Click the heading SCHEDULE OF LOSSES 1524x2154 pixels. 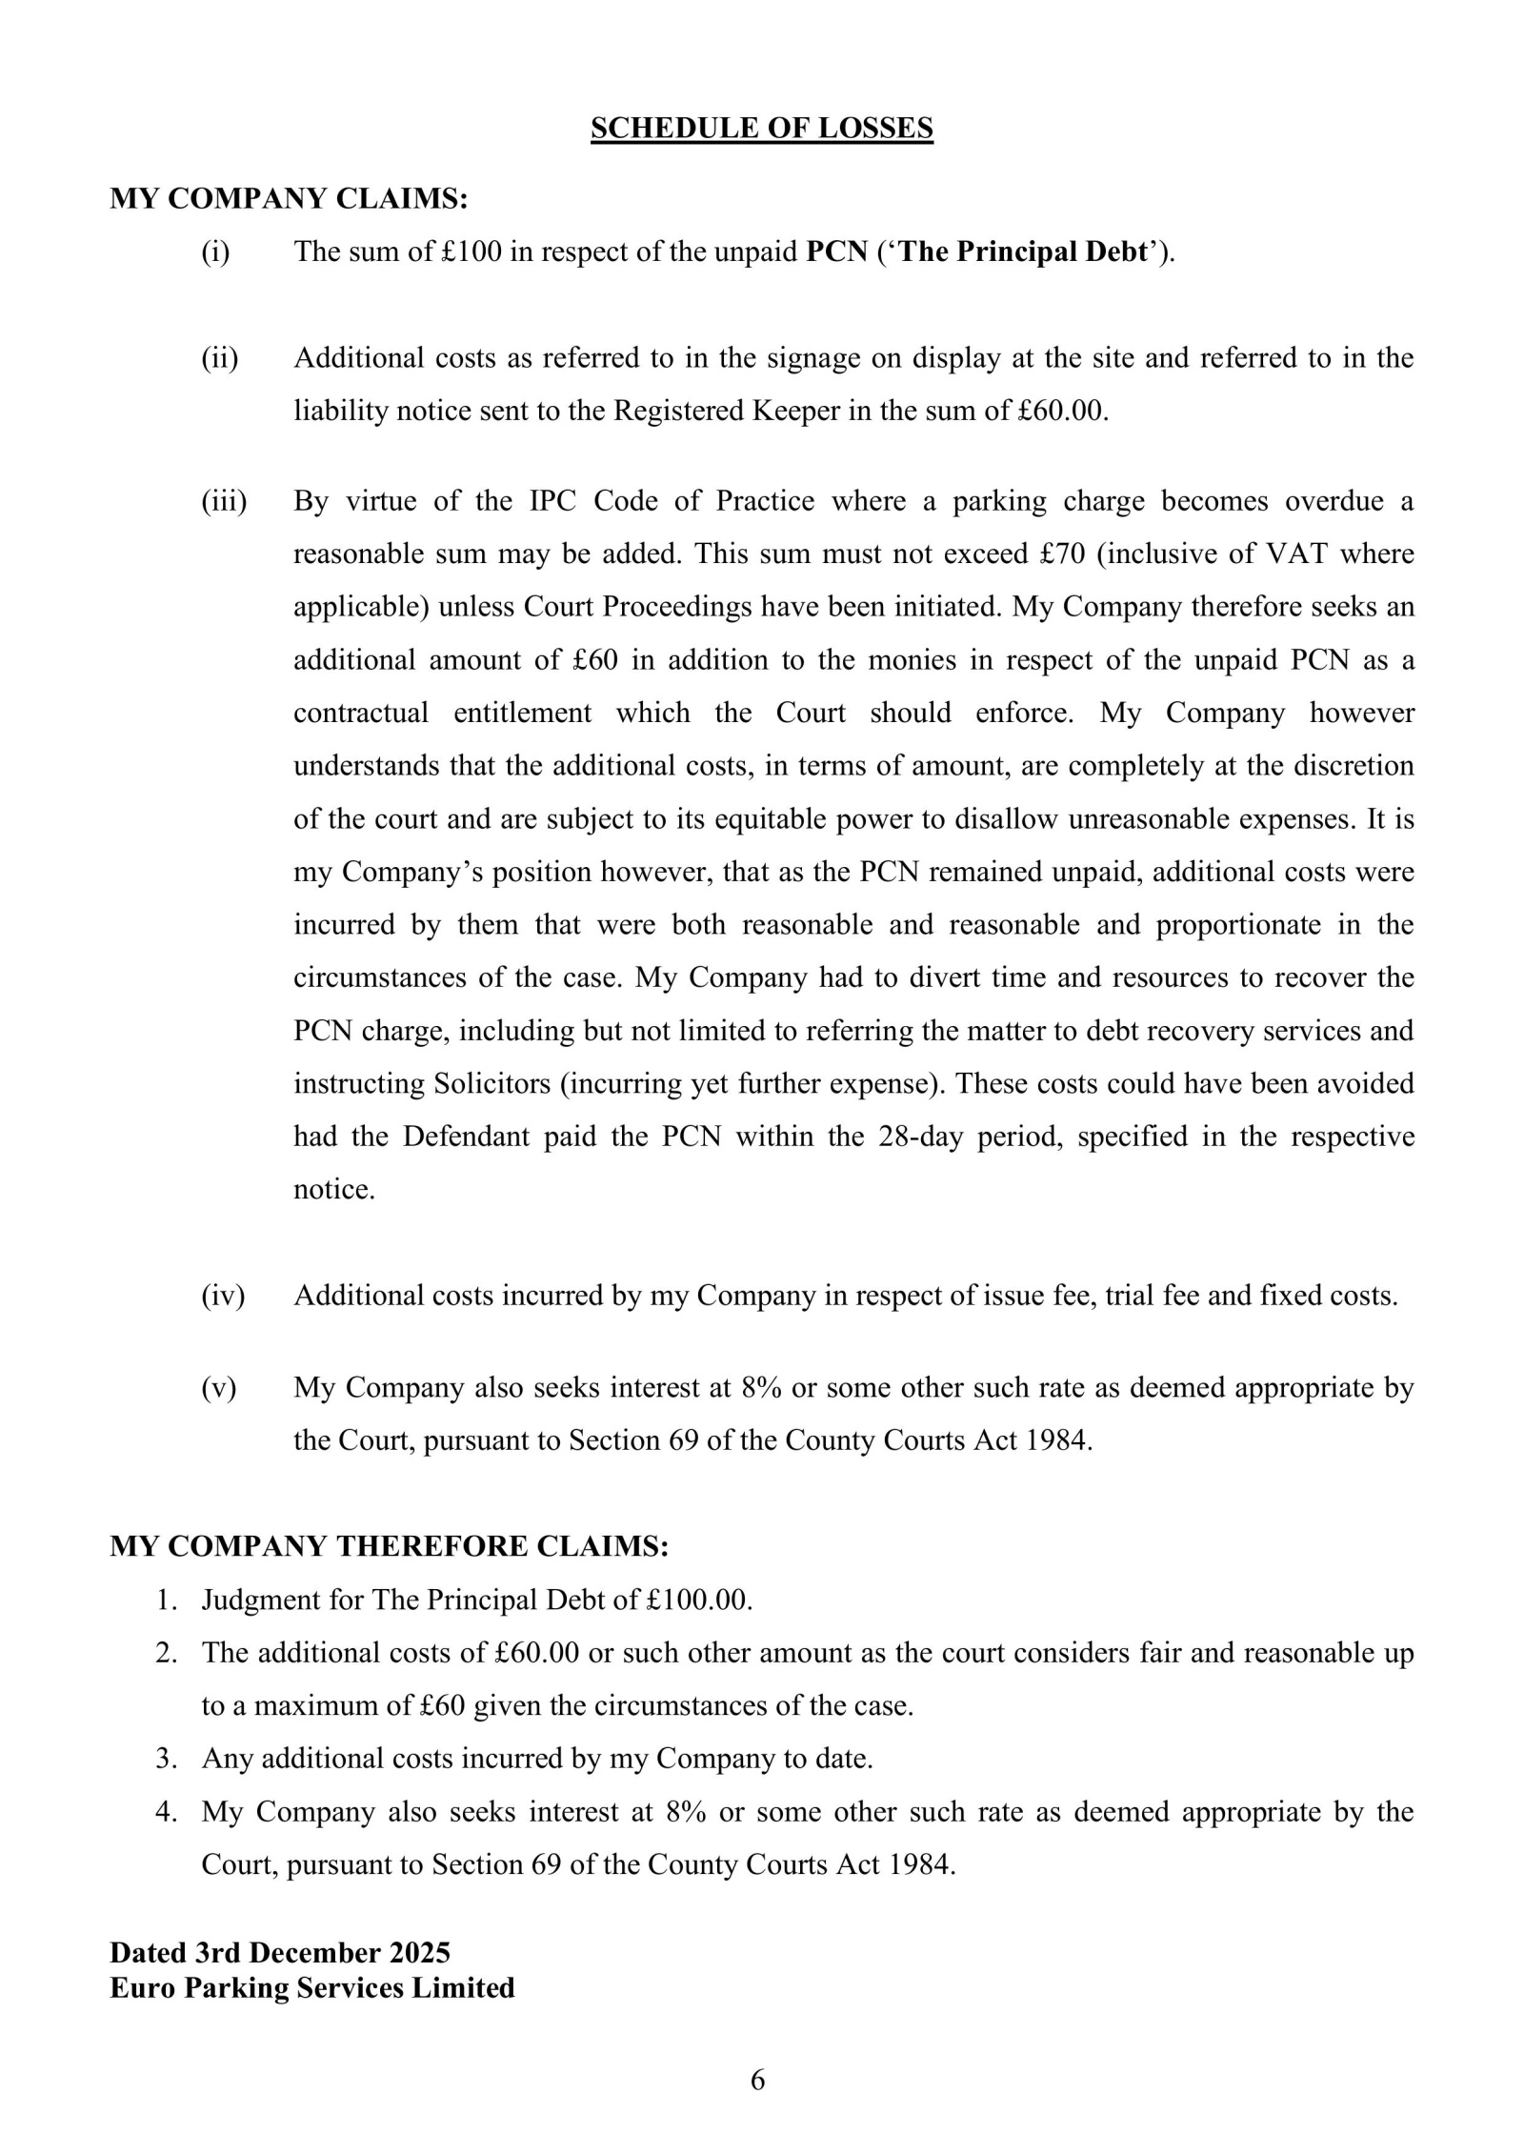(761, 128)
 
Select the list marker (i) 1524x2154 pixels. (215, 252)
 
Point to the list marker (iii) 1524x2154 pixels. (223, 501)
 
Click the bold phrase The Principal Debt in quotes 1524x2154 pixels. (1024, 252)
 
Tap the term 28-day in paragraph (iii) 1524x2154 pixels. (919, 1137)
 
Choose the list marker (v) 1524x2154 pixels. (218, 1387)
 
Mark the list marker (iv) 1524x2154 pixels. (223, 1296)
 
